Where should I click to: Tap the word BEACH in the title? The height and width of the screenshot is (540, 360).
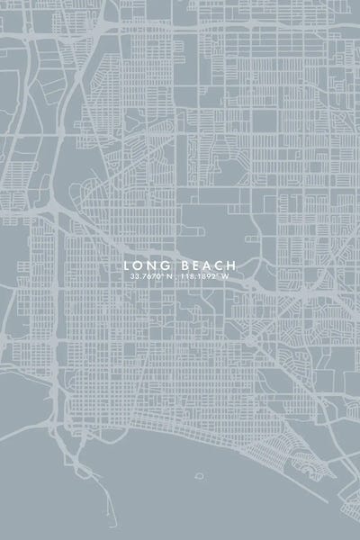[206, 265]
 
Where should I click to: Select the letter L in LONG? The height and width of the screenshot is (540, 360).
[128, 265]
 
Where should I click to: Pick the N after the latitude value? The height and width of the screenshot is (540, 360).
[168, 276]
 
